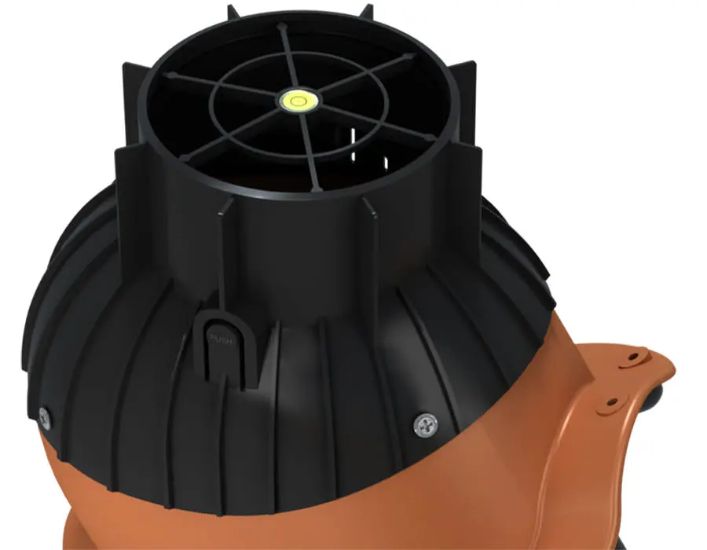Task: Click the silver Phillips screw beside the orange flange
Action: [426, 425]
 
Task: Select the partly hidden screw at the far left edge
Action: [44, 417]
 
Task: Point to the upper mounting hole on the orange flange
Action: [633, 357]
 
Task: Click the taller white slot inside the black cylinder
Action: [353, 144]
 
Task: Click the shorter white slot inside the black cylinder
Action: [386, 163]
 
